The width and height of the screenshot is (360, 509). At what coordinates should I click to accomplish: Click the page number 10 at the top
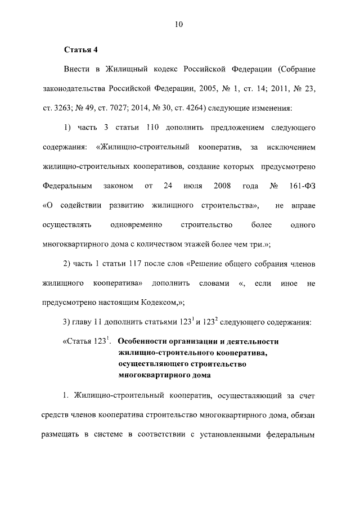coord(179,24)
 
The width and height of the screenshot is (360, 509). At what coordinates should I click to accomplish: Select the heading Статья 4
coord(81,49)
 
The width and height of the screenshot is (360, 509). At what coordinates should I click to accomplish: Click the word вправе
coord(303,205)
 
